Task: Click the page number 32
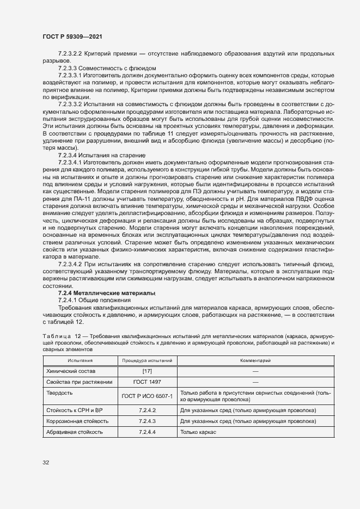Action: point(46,463)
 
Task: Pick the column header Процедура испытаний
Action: point(147,361)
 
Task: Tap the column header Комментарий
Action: point(255,361)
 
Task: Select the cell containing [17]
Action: point(147,371)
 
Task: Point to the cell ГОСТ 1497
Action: point(147,382)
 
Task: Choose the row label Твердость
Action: point(59,393)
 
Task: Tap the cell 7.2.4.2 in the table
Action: point(147,410)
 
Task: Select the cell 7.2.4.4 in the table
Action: point(147,432)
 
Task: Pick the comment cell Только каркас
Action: point(198,432)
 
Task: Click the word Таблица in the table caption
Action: point(55,337)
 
